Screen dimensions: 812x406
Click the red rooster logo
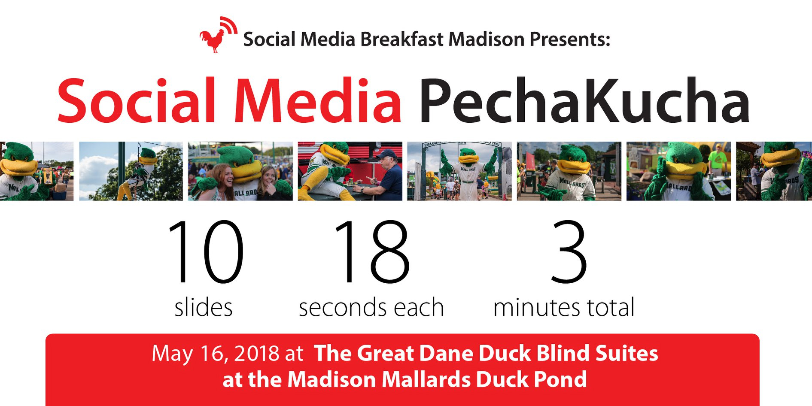218,35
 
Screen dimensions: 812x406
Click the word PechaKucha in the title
584,101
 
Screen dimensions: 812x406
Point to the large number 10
206,251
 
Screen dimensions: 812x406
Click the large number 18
372,251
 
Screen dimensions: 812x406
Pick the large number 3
569,251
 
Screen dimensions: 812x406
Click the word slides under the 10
204,307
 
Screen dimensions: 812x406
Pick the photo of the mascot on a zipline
131,171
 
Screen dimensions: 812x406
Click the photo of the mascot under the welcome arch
459,171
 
